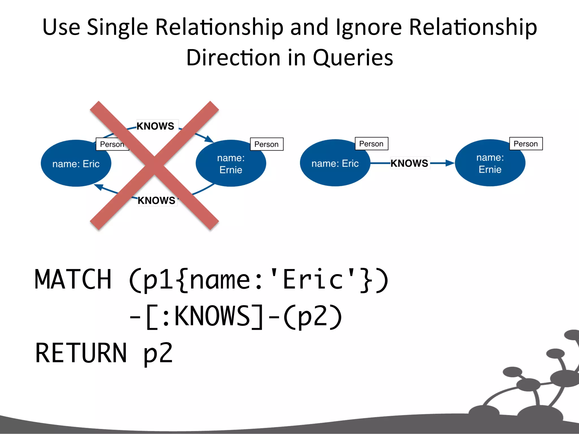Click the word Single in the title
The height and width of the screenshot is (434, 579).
[117, 28]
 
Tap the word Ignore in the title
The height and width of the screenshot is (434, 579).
[369, 28]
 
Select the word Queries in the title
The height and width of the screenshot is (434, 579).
[353, 58]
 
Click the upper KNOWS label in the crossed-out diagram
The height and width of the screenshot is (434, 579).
[155, 126]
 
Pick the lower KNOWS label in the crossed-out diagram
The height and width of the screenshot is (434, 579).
[156, 200]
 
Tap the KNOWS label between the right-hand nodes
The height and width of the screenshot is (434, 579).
[409, 163]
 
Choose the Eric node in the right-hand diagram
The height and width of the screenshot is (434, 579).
[335, 163]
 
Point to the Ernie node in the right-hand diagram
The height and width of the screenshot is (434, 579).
[490, 163]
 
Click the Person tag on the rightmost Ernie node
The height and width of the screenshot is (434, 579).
[526, 144]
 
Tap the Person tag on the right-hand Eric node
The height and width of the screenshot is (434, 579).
[371, 144]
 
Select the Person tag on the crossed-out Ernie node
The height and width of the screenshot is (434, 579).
[266, 144]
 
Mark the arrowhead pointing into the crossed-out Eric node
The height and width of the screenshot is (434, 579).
[98, 187]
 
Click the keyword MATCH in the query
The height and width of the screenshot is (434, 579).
[73, 280]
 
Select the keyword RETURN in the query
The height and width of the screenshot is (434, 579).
[81, 353]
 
